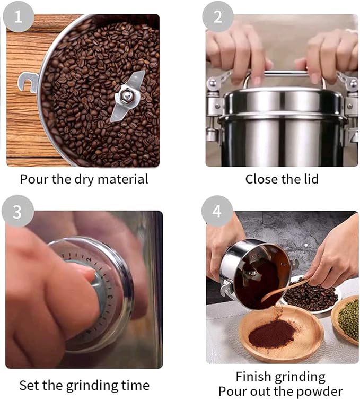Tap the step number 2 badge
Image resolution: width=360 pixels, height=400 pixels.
(217, 16)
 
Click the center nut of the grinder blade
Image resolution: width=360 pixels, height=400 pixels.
(127, 95)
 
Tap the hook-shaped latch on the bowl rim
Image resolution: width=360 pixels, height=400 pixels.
(27, 82)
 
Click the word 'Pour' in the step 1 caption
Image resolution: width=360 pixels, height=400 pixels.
(32, 179)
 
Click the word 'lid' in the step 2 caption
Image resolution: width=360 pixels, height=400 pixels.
(310, 179)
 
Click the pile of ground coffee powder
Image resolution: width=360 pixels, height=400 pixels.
(273, 334)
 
